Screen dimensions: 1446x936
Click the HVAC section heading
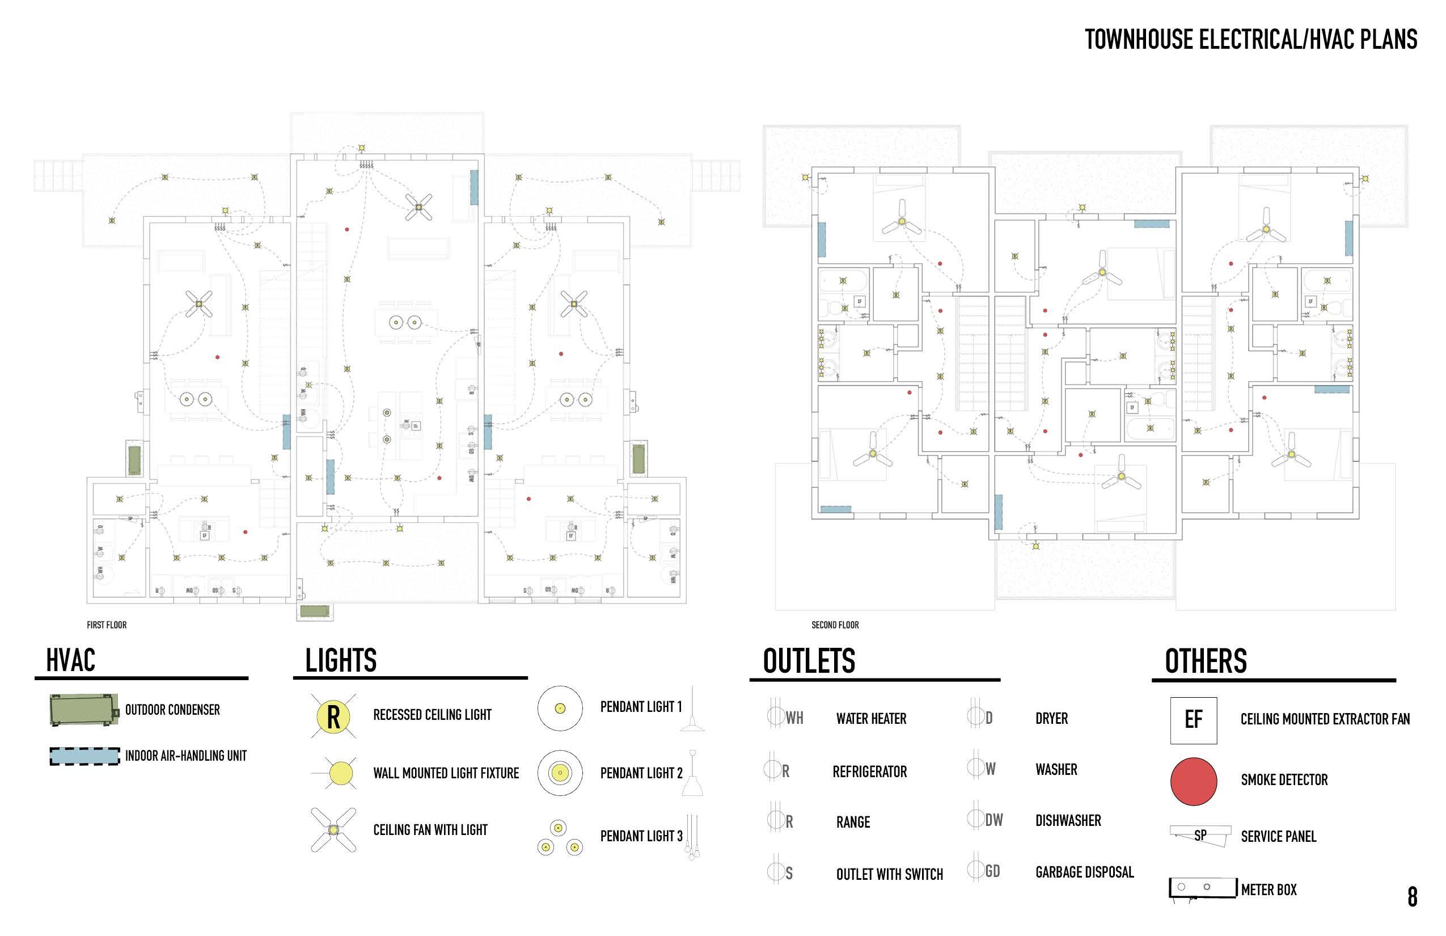[x=70, y=661]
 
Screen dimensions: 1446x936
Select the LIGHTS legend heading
[x=340, y=661]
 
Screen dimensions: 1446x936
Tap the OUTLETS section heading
[x=809, y=661]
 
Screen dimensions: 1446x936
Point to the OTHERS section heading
[x=1206, y=661]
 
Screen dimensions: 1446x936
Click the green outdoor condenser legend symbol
[x=84, y=709]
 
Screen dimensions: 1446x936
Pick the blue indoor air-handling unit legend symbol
[x=84, y=756]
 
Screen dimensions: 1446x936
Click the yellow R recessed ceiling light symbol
[x=333, y=716]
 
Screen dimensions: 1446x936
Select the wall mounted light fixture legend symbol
[x=340, y=773]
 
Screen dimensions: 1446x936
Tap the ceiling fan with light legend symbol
[x=333, y=829]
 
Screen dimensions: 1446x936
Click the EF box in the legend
[x=1193, y=720]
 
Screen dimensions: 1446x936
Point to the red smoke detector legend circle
[x=1193, y=781]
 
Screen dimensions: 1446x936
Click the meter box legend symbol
[x=1202, y=888]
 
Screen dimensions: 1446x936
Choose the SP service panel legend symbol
[x=1200, y=835]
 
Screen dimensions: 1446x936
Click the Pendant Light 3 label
[x=641, y=836]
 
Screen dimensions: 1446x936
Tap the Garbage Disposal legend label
[x=1084, y=873]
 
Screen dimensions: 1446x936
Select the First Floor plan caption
[x=107, y=625]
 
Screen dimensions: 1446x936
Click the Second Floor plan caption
[x=835, y=625]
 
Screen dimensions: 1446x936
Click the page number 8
[x=1413, y=897]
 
